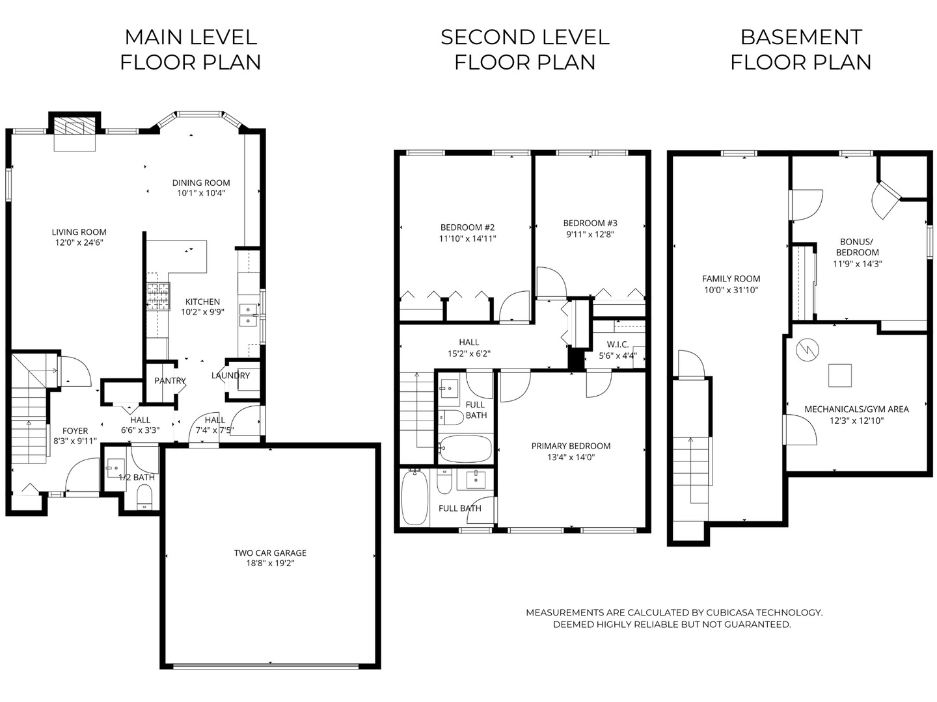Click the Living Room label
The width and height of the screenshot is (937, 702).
79,232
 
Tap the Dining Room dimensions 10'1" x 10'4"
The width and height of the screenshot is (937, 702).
201,193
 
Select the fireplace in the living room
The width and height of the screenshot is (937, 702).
75,125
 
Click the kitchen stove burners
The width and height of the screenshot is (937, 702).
158,296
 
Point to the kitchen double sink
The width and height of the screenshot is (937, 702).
248,315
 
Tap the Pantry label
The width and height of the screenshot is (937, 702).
170,381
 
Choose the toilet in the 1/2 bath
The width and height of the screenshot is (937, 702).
144,498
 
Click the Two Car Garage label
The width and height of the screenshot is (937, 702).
270,552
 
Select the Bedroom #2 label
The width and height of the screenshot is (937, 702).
467,227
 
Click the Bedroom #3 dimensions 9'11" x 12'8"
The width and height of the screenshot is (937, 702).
590,234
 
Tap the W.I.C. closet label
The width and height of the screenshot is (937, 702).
618,344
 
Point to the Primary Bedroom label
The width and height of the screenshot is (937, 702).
571,446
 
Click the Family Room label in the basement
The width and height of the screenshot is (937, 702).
731,279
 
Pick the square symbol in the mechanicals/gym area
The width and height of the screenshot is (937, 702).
839,376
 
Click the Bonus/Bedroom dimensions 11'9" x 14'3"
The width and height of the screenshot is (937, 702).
857,264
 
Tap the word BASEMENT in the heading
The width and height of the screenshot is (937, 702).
801,38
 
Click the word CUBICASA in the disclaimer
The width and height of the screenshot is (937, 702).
729,612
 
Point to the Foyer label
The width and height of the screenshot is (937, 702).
75,431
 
